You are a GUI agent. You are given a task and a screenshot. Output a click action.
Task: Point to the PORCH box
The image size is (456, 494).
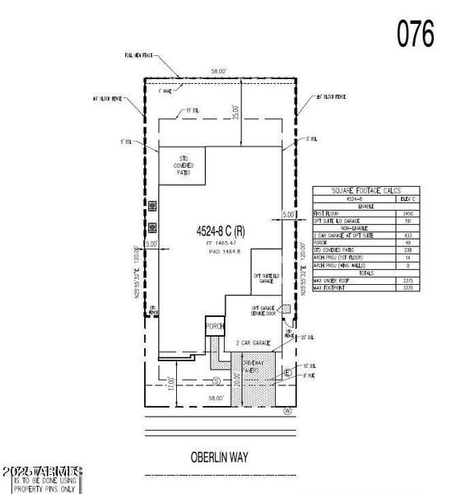215,326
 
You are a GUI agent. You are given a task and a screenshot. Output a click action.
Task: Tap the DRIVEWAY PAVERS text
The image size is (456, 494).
252,366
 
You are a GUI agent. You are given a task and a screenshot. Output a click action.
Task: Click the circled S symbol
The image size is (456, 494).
216,380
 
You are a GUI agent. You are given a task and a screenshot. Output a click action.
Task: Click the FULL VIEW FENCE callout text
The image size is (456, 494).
141,55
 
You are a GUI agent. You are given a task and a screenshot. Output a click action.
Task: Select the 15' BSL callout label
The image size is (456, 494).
193,110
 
